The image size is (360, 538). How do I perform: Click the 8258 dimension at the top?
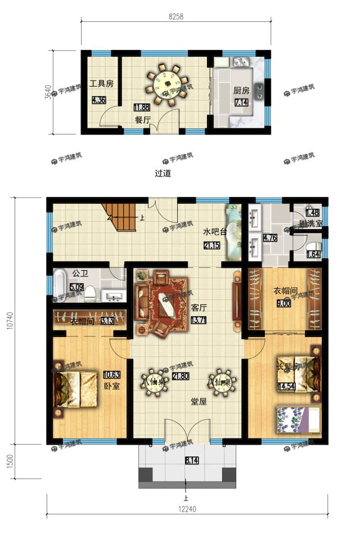[x=176, y=17]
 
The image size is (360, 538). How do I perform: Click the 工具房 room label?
[x=101, y=84]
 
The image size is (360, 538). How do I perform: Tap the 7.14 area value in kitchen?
[x=241, y=102]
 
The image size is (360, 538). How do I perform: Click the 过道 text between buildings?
[x=163, y=173]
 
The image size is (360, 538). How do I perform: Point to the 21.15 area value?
[x=212, y=245]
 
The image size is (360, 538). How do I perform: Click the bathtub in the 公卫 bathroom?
[x=60, y=285]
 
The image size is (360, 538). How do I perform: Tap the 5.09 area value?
[x=76, y=287]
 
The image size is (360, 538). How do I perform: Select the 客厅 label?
[x=199, y=308]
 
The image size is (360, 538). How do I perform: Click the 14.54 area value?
[x=286, y=386]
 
